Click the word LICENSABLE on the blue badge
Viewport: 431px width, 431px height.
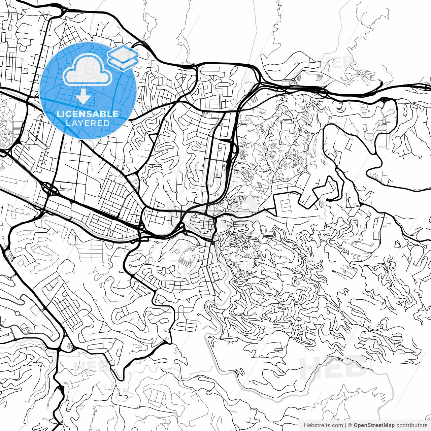point(88,114)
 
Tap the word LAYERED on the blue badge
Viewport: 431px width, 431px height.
point(88,123)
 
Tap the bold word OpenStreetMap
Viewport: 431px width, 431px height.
point(374,425)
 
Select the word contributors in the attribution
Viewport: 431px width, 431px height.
point(411,425)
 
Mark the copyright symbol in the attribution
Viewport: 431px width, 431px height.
point(350,425)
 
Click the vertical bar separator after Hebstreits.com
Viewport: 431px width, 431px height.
point(346,425)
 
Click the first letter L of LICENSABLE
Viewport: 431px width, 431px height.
point(59,114)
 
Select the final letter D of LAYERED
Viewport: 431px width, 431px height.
point(107,123)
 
